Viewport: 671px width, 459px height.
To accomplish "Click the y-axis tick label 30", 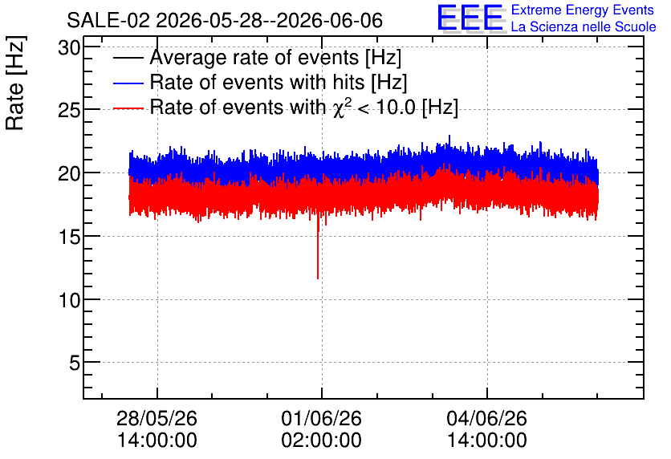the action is (x=69, y=48).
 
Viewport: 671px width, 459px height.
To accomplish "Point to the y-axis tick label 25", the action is (x=69, y=111).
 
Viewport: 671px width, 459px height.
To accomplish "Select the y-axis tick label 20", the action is (x=69, y=173).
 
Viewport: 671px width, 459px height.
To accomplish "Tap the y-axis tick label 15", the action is (x=69, y=237).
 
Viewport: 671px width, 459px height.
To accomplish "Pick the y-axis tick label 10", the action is (x=69, y=300).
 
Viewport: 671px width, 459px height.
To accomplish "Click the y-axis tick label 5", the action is (x=75, y=364).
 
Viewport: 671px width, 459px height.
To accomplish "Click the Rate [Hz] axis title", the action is (x=15, y=83).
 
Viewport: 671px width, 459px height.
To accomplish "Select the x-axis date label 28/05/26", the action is (x=157, y=418).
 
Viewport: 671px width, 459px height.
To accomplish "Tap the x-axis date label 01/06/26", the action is (x=321, y=418).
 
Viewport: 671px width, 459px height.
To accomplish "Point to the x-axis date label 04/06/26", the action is (x=486, y=418).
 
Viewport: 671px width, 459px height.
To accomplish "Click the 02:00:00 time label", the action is (x=321, y=441).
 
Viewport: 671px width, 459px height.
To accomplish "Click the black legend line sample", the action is (x=128, y=58).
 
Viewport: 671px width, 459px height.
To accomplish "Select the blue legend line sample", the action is (x=128, y=83).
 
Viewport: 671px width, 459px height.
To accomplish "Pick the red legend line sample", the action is (x=128, y=108).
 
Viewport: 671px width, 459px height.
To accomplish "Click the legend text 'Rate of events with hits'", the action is (x=257, y=82).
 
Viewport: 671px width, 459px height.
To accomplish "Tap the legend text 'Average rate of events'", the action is (x=254, y=57).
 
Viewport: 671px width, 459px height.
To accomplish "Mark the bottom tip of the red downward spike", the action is (x=318, y=278).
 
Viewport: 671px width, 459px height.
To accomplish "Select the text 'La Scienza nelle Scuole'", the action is (x=584, y=26).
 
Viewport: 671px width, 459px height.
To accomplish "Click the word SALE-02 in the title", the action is (x=108, y=20).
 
